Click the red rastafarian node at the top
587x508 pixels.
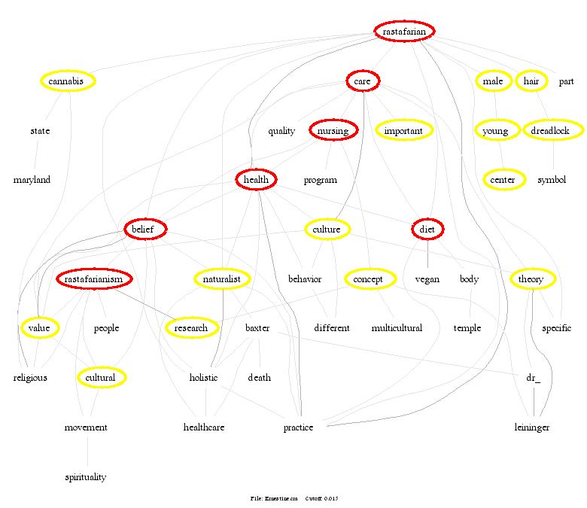tap(404, 32)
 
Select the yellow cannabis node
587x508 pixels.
tap(68, 81)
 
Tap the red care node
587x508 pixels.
tap(363, 81)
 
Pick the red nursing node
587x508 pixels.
tap(333, 131)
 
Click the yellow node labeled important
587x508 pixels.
tap(404, 131)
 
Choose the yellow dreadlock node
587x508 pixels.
tap(555, 131)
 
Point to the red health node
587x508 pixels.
tap(257, 180)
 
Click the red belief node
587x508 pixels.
tap(145, 229)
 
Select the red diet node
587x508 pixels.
tap(427, 229)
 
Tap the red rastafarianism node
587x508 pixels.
tap(94, 279)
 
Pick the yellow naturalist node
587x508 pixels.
tap(221, 279)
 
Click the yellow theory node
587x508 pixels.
tap(531, 279)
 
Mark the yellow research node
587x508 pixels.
tap(191, 328)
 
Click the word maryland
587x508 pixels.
tap(32, 180)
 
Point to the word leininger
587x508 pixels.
tap(531, 427)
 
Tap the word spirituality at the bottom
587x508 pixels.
tap(85, 477)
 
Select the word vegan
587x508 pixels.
tap(427, 279)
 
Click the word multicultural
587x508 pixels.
tap(397, 328)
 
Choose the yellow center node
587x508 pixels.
tap(503, 180)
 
